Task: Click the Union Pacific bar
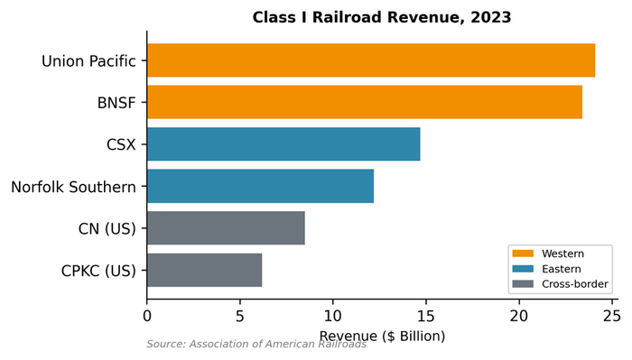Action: (x=370, y=60)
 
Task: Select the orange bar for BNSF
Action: (x=364, y=102)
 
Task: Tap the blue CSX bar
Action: (x=283, y=144)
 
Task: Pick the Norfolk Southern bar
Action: (x=260, y=186)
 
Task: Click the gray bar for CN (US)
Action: (x=226, y=228)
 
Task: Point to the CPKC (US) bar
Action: (x=204, y=270)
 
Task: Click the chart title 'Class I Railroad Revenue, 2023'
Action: (x=382, y=17)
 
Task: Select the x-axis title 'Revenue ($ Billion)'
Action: (x=382, y=336)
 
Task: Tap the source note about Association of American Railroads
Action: (x=256, y=344)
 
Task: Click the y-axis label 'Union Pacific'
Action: (x=88, y=61)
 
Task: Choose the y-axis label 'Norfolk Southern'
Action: (x=73, y=187)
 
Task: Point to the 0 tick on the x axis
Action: (x=147, y=316)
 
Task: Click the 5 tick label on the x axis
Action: (x=240, y=316)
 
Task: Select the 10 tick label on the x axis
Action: (x=332, y=316)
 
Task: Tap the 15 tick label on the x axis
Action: (x=425, y=316)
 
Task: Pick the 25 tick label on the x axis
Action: (x=611, y=316)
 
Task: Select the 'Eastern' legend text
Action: (x=562, y=269)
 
